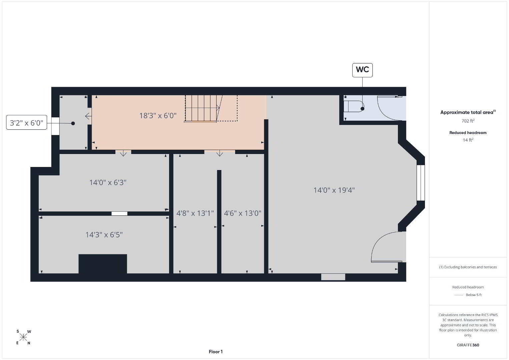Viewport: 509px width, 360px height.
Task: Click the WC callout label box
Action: coord(362,70)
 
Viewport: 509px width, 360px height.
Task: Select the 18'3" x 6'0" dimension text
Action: coord(158,116)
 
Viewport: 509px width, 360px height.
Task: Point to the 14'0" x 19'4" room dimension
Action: coord(334,190)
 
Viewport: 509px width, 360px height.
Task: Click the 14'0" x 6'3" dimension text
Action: coord(108,182)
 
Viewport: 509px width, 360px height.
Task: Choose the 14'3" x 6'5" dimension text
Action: coord(104,234)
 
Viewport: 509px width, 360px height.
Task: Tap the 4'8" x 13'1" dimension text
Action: coord(195,213)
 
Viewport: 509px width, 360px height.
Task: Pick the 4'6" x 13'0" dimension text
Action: coord(242,213)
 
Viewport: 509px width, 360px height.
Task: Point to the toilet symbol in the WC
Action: coord(354,106)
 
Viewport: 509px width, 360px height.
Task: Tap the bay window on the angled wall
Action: coord(421,183)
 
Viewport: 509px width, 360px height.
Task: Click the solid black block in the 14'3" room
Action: coord(103,264)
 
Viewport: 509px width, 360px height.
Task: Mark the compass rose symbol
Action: coord(23,337)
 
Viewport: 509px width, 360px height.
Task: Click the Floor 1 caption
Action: coord(216,352)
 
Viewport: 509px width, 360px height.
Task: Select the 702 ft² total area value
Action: coord(468,121)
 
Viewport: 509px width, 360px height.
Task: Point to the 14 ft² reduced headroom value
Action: coord(468,140)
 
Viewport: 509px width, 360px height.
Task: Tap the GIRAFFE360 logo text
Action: coord(468,345)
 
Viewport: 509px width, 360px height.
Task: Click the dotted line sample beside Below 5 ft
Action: coord(459,295)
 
